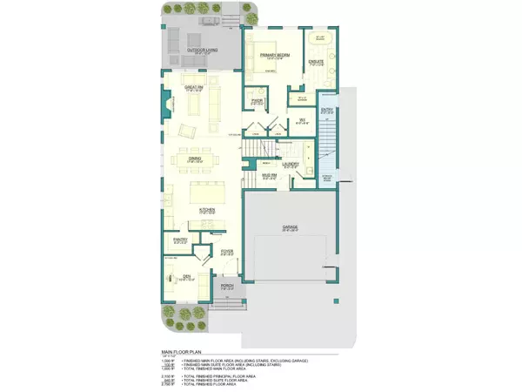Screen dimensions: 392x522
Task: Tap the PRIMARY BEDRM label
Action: pos(276,54)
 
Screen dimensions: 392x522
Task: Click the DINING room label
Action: pos(195,159)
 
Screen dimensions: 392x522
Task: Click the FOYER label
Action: pos(226,251)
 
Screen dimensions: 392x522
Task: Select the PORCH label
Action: pos(227,285)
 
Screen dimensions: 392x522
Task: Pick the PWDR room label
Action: pos(258,100)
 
